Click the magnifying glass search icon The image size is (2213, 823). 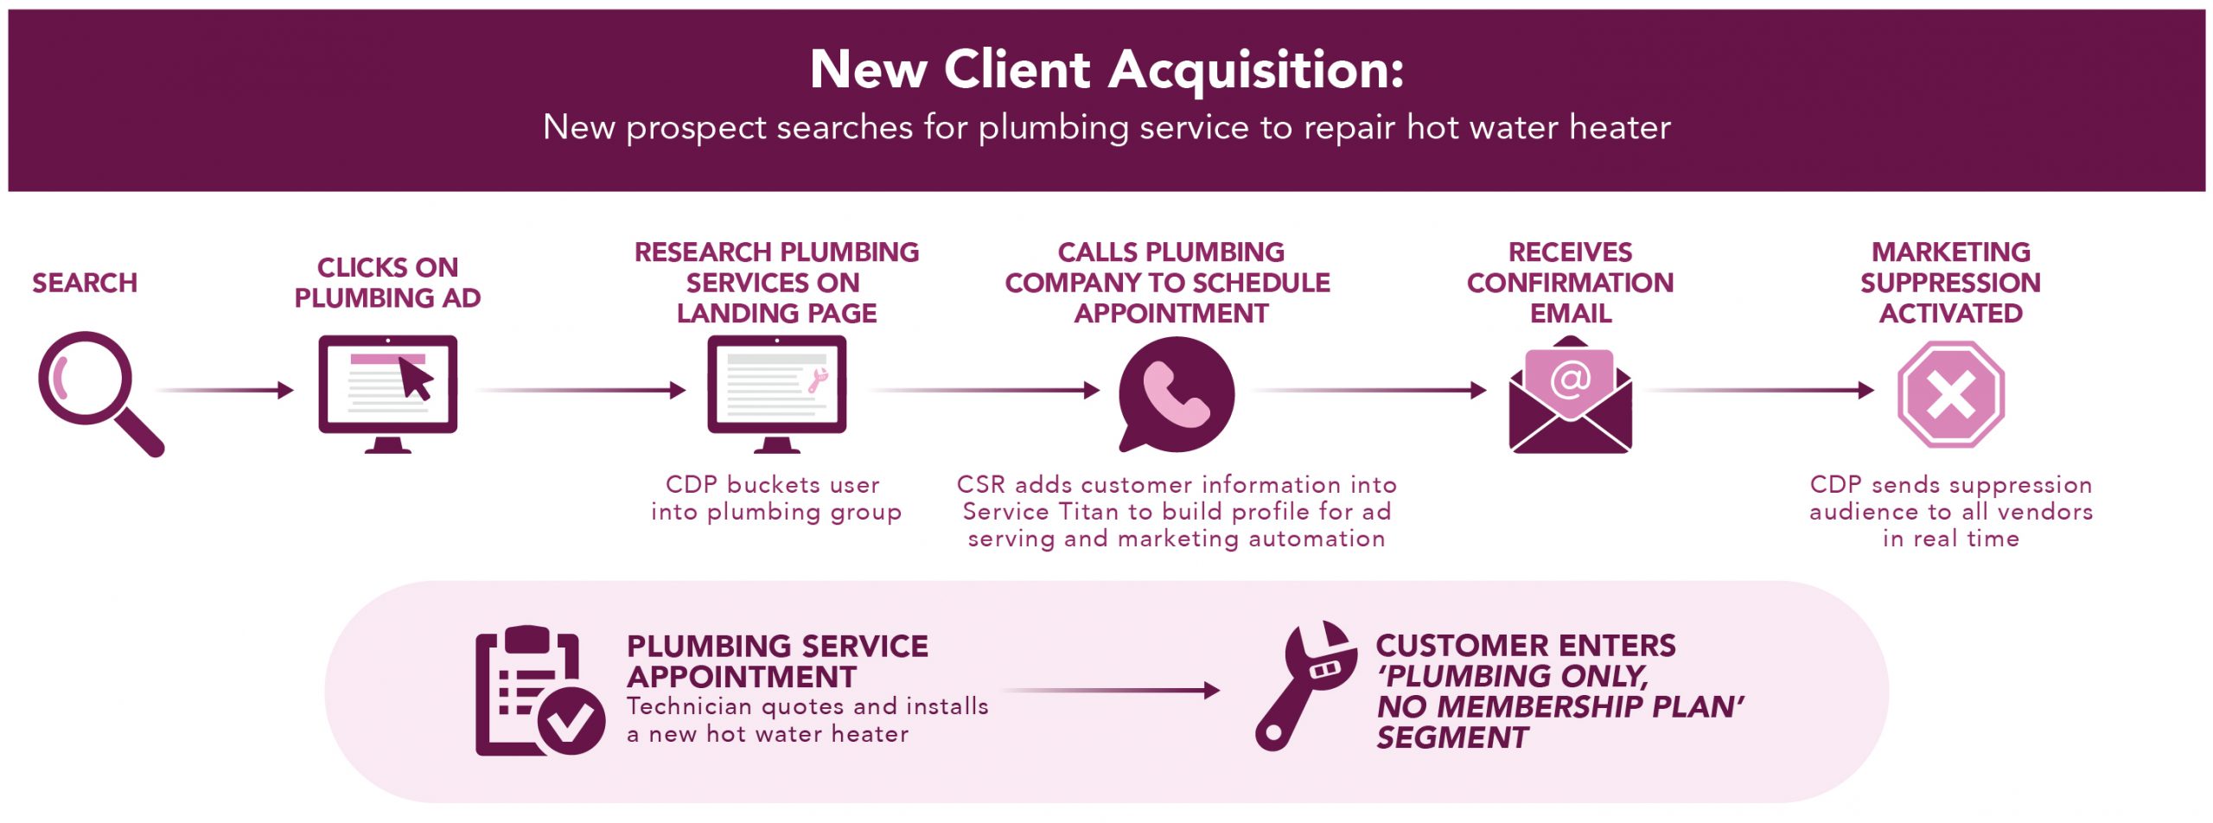click(91, 386)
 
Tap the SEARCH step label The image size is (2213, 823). click(85, 283)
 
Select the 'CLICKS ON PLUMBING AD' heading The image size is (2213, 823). click(387, 283)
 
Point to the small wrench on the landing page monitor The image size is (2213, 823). click(817, 380)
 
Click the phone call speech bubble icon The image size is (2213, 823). click(1176, 393)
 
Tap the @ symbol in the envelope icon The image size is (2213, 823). click(1570, 379)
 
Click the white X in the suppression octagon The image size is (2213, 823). click(1951, 394)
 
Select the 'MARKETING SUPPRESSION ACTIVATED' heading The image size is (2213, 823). click(1950, 283)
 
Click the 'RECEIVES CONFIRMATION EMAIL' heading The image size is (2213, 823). click(1570, 283)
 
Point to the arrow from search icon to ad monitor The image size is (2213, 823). click(226, 391)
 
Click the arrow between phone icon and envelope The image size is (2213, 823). click(1369, 391)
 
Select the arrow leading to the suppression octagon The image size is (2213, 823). click(1760, 391)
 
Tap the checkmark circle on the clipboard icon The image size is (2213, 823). click(571, 721)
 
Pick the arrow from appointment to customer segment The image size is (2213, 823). click(1112, 691)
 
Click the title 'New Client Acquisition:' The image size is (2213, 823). click(1106, 69)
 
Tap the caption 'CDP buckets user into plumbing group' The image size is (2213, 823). click(776, 498)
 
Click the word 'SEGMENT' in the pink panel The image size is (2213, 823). click(1452, 737)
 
